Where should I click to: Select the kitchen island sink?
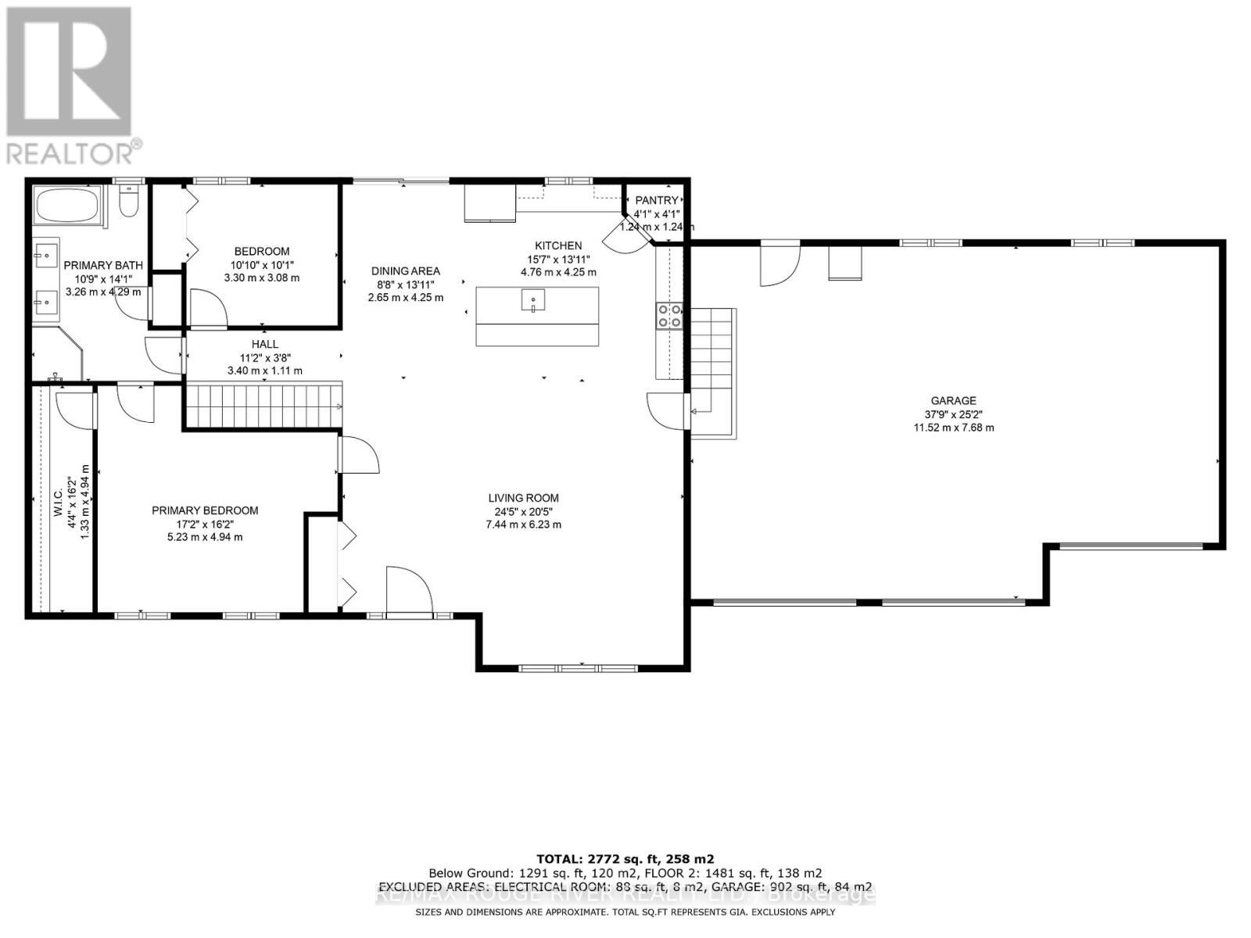tap(533, 299)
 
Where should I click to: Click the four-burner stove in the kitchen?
tap(669, 315)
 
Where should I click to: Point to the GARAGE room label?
tap(953, 401)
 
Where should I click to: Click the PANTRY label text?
tap(656, 201)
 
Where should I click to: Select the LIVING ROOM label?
tap(523, 498)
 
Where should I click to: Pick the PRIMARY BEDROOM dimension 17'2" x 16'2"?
tap(204, 524)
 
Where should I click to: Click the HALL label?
tap(264, 344)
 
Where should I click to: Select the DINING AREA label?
tap(405, 271)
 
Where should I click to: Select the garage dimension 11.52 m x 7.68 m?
tap(953, 428)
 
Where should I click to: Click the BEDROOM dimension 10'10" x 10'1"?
tap(261, 264)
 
